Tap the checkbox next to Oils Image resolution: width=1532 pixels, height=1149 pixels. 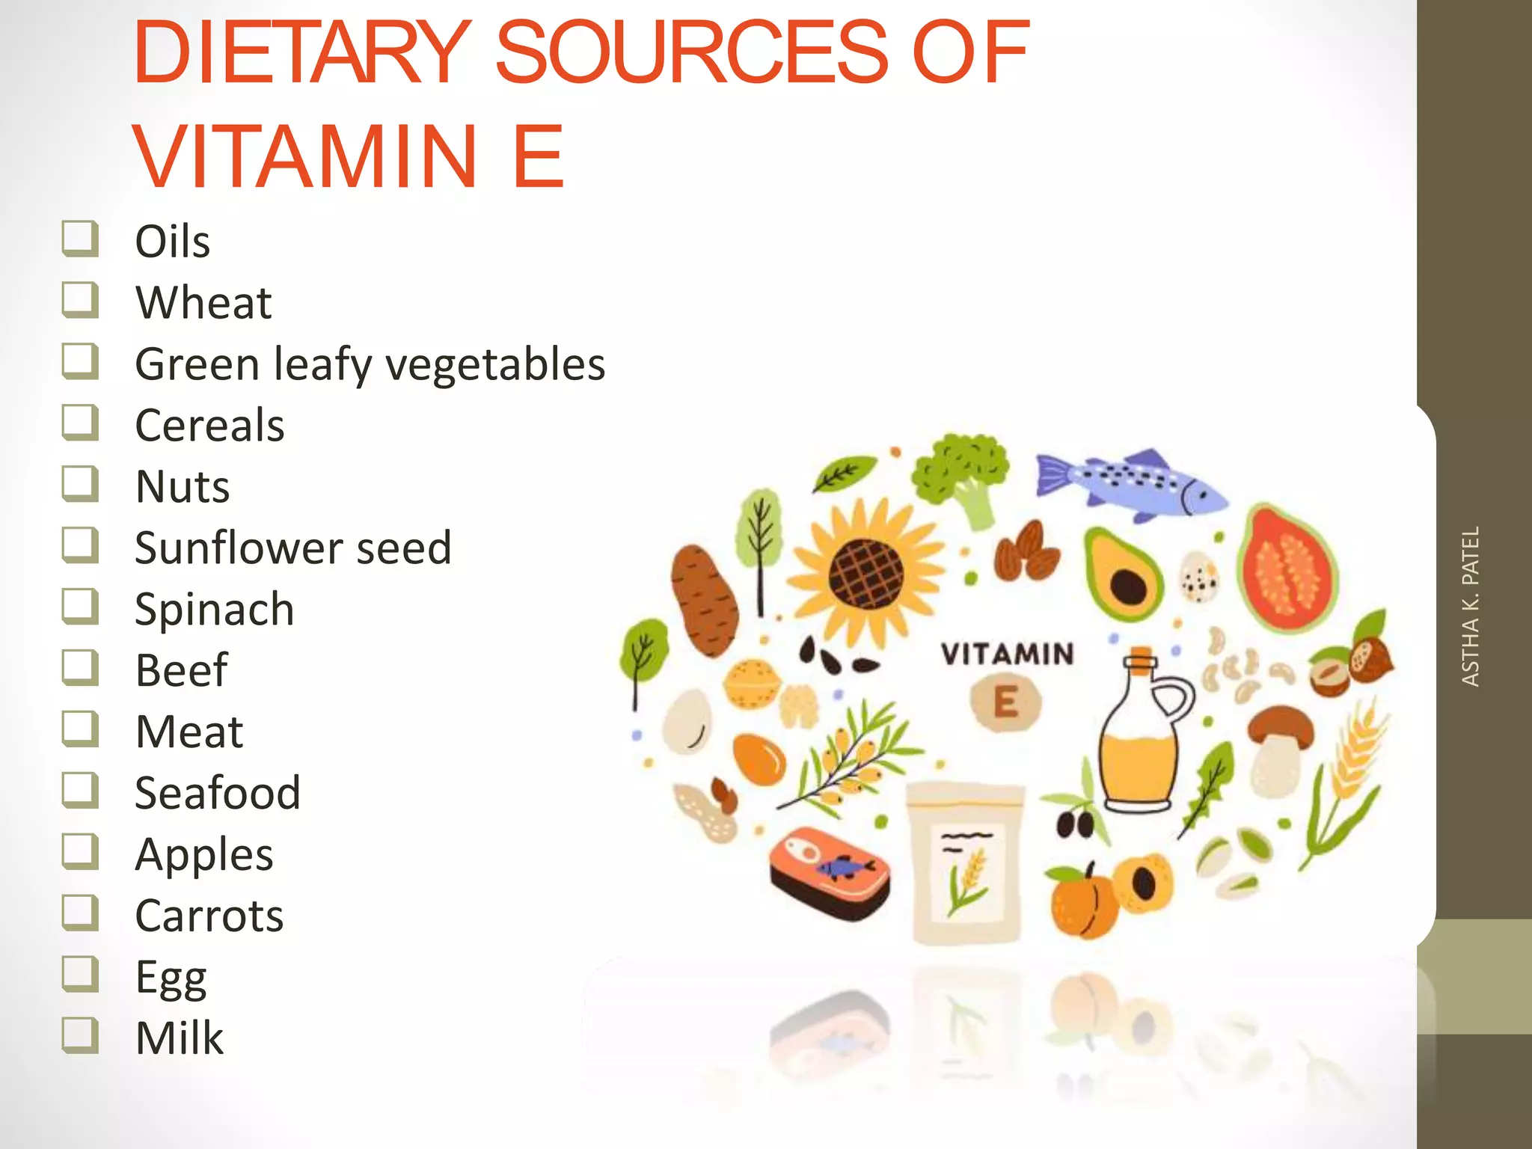click(80, 239)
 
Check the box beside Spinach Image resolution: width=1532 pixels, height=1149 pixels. click(80, 607)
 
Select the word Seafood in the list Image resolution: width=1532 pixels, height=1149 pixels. click(218, 792)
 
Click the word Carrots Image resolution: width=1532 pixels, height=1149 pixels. click(209, 915)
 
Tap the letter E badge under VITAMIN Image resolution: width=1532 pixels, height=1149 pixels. click(1005, 702)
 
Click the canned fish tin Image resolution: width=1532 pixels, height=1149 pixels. click(830, 872)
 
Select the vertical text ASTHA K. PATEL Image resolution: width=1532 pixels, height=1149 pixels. click(1471, 607)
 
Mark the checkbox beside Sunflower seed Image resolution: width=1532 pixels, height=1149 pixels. click(80, 545)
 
